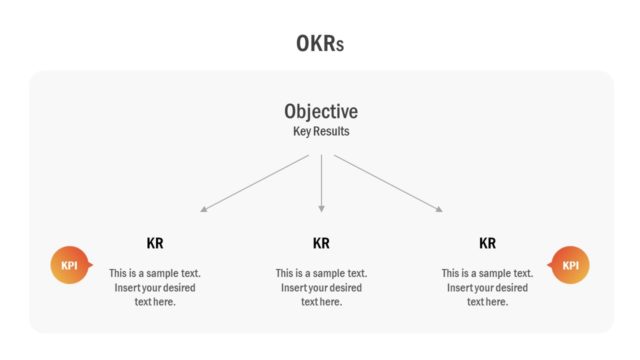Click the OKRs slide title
[320, 43]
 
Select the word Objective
[320, 112]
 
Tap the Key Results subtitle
[320, 131]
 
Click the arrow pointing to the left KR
[255, 183]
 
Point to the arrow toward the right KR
[387, 183]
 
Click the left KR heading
[155, 243]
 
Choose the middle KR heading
[321, 243]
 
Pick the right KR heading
[488, 243]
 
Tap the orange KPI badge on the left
[69, 265]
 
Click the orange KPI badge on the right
[571, 265]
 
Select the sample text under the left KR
[155, 287]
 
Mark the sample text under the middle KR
[321, 287]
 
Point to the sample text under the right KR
[488, 287]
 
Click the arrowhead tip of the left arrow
[202, 211]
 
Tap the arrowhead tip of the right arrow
[441, 211]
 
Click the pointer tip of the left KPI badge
[92, 265]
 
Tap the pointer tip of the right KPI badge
[548, 265]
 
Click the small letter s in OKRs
[341, 45]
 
